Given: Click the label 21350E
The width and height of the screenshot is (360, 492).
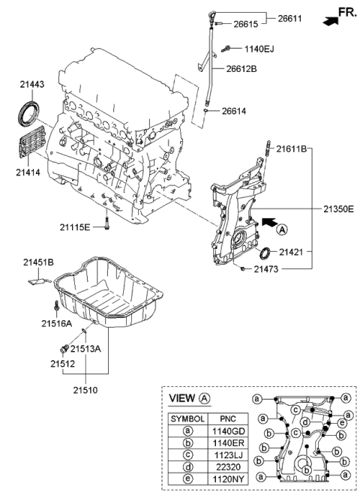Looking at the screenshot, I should tap(338, 209).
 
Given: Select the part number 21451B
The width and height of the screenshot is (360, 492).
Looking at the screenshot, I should tap(37, 262).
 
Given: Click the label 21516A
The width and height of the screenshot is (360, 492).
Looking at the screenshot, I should tap(56, 324).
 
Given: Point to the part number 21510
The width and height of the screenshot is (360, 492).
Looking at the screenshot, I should tap(85, 390).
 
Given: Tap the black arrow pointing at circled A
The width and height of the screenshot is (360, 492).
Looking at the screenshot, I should tap(268, 221).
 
